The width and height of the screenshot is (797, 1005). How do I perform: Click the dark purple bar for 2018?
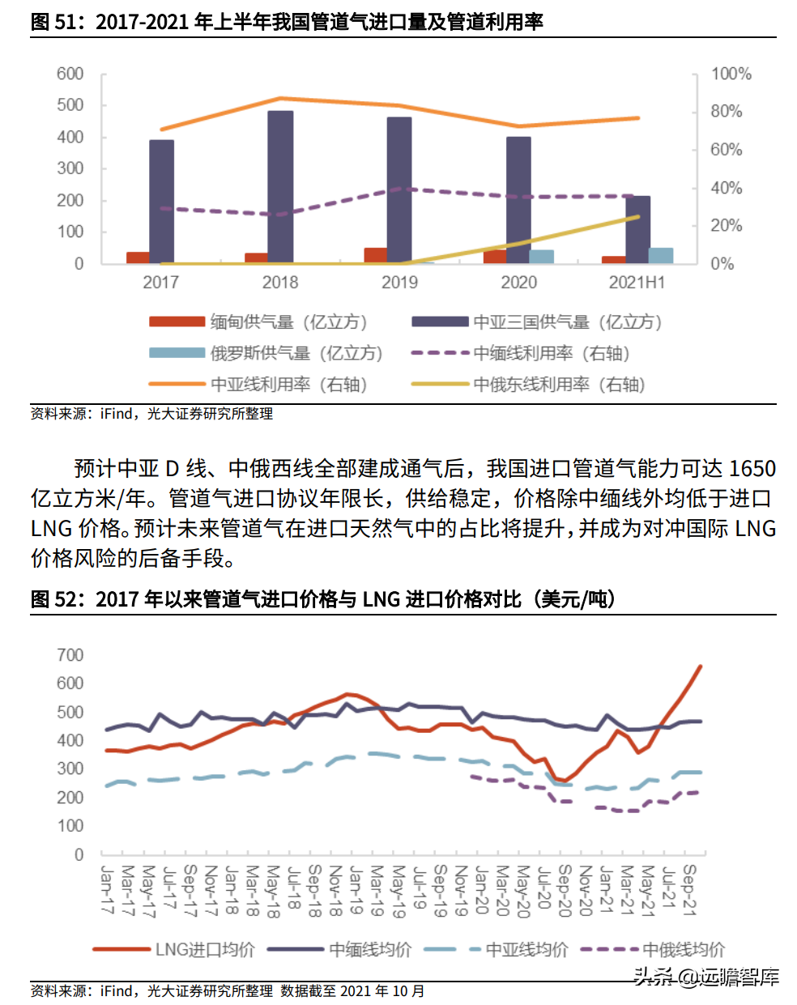tap(280, 187)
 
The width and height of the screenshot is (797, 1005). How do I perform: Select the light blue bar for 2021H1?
tap(661, 255)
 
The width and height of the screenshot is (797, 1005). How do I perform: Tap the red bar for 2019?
tap(376, 255)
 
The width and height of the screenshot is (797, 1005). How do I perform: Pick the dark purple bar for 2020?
tap(518, 200)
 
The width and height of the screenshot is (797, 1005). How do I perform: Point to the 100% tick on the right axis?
tap(731, 74)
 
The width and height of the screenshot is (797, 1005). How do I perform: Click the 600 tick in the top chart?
tap(70, 74)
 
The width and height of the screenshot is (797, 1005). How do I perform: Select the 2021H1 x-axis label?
tap(637, 283)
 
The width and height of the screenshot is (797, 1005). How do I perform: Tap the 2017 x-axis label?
tap(160, 283)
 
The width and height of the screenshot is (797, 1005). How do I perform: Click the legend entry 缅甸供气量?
tap(258, 322)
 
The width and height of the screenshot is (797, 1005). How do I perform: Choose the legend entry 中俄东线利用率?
tap(529, 385)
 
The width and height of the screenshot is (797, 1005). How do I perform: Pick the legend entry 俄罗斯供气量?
tap(266, 354)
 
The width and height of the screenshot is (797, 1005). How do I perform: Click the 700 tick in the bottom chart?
tap(70, 654)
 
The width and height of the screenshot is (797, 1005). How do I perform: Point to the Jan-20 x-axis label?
tap(482, 890)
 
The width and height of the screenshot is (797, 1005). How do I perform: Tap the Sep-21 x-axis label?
tap(690, 890)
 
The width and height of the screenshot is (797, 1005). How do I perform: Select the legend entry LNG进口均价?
tap(174, 949)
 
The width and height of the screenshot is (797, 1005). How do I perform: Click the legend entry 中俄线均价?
tap(653, 949)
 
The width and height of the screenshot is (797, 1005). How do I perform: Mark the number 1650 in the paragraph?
tap(752, 468)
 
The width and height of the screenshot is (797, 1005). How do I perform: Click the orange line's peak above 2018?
tap(280, 98)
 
